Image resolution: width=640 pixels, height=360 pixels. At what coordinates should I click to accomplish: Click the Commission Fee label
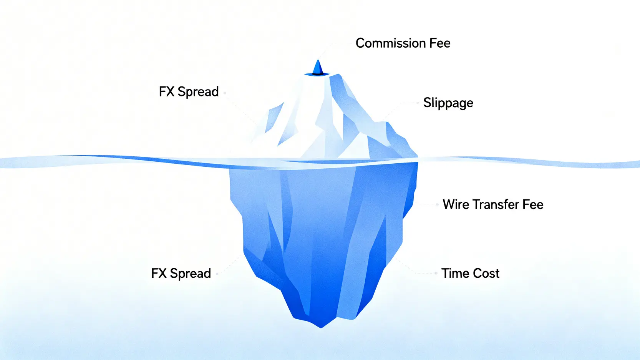pyautogui.click(x=403, y=43)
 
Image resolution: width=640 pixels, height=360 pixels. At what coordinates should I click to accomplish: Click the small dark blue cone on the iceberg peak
pyautogui.click(x=317, y=68)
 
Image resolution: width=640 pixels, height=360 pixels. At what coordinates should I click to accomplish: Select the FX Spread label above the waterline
pyautogui.click(x=189, y=92)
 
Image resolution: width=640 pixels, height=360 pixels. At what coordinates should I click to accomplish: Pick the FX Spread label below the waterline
pyautogui.click(x=181, y=274)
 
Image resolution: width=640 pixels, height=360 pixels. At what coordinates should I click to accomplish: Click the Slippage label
pyautogui.click(x=448, y=103)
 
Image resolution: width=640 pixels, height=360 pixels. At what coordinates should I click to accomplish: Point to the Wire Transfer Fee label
pyautogui.click(x=493, y=204)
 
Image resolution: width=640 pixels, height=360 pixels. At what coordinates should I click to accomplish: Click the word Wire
pyautogui.click(x=456, y=204)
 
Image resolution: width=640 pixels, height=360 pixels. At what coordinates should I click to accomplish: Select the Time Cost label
pyautogui.click(x=470, y=273)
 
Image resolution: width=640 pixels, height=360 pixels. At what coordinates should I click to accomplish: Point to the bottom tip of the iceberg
pyautogui.click(x=321, y=327)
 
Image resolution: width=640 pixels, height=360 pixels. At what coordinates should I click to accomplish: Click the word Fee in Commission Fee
pyautogui.click(x=440, y=43)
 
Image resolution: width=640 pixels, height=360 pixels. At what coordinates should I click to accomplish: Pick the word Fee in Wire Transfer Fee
pyautogui.click(x=533, y=204)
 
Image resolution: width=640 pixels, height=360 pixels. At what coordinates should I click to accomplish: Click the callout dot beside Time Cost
pyautogui.click(x=436, y=273)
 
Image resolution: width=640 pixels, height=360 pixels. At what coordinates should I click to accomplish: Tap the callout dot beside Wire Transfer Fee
pyautogui.click(x=437, y=204)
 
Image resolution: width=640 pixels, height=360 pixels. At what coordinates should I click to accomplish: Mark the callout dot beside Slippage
pyautogui.click(x=418, y=103)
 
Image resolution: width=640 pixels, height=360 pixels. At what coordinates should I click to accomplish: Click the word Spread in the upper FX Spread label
pyautogui.click(x=198, y=92)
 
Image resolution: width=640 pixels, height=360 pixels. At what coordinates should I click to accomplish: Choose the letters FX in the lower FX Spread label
pyautogui.click(x=159, y=274)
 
